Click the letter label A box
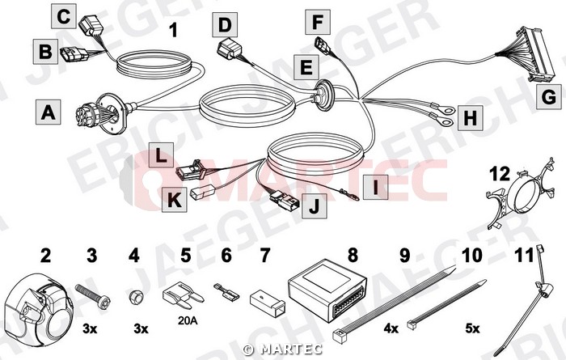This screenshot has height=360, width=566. pos(48,112)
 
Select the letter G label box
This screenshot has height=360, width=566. pos(549,96)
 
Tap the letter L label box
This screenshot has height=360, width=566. pos(161,155)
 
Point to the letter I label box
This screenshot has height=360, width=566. pos(375,188)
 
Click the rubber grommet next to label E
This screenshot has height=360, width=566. pos(323,95)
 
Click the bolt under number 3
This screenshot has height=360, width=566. pos(93,296)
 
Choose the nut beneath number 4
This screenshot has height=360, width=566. pos(136,298)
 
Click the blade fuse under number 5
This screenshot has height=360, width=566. pos(184,297)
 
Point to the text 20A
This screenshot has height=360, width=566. pos(188,320)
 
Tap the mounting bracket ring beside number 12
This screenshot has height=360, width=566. pos(520,195)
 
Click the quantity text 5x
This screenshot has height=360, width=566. pos(472,328)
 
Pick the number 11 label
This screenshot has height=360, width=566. pos(524,256)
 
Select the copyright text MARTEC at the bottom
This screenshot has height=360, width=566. pos(283,349)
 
